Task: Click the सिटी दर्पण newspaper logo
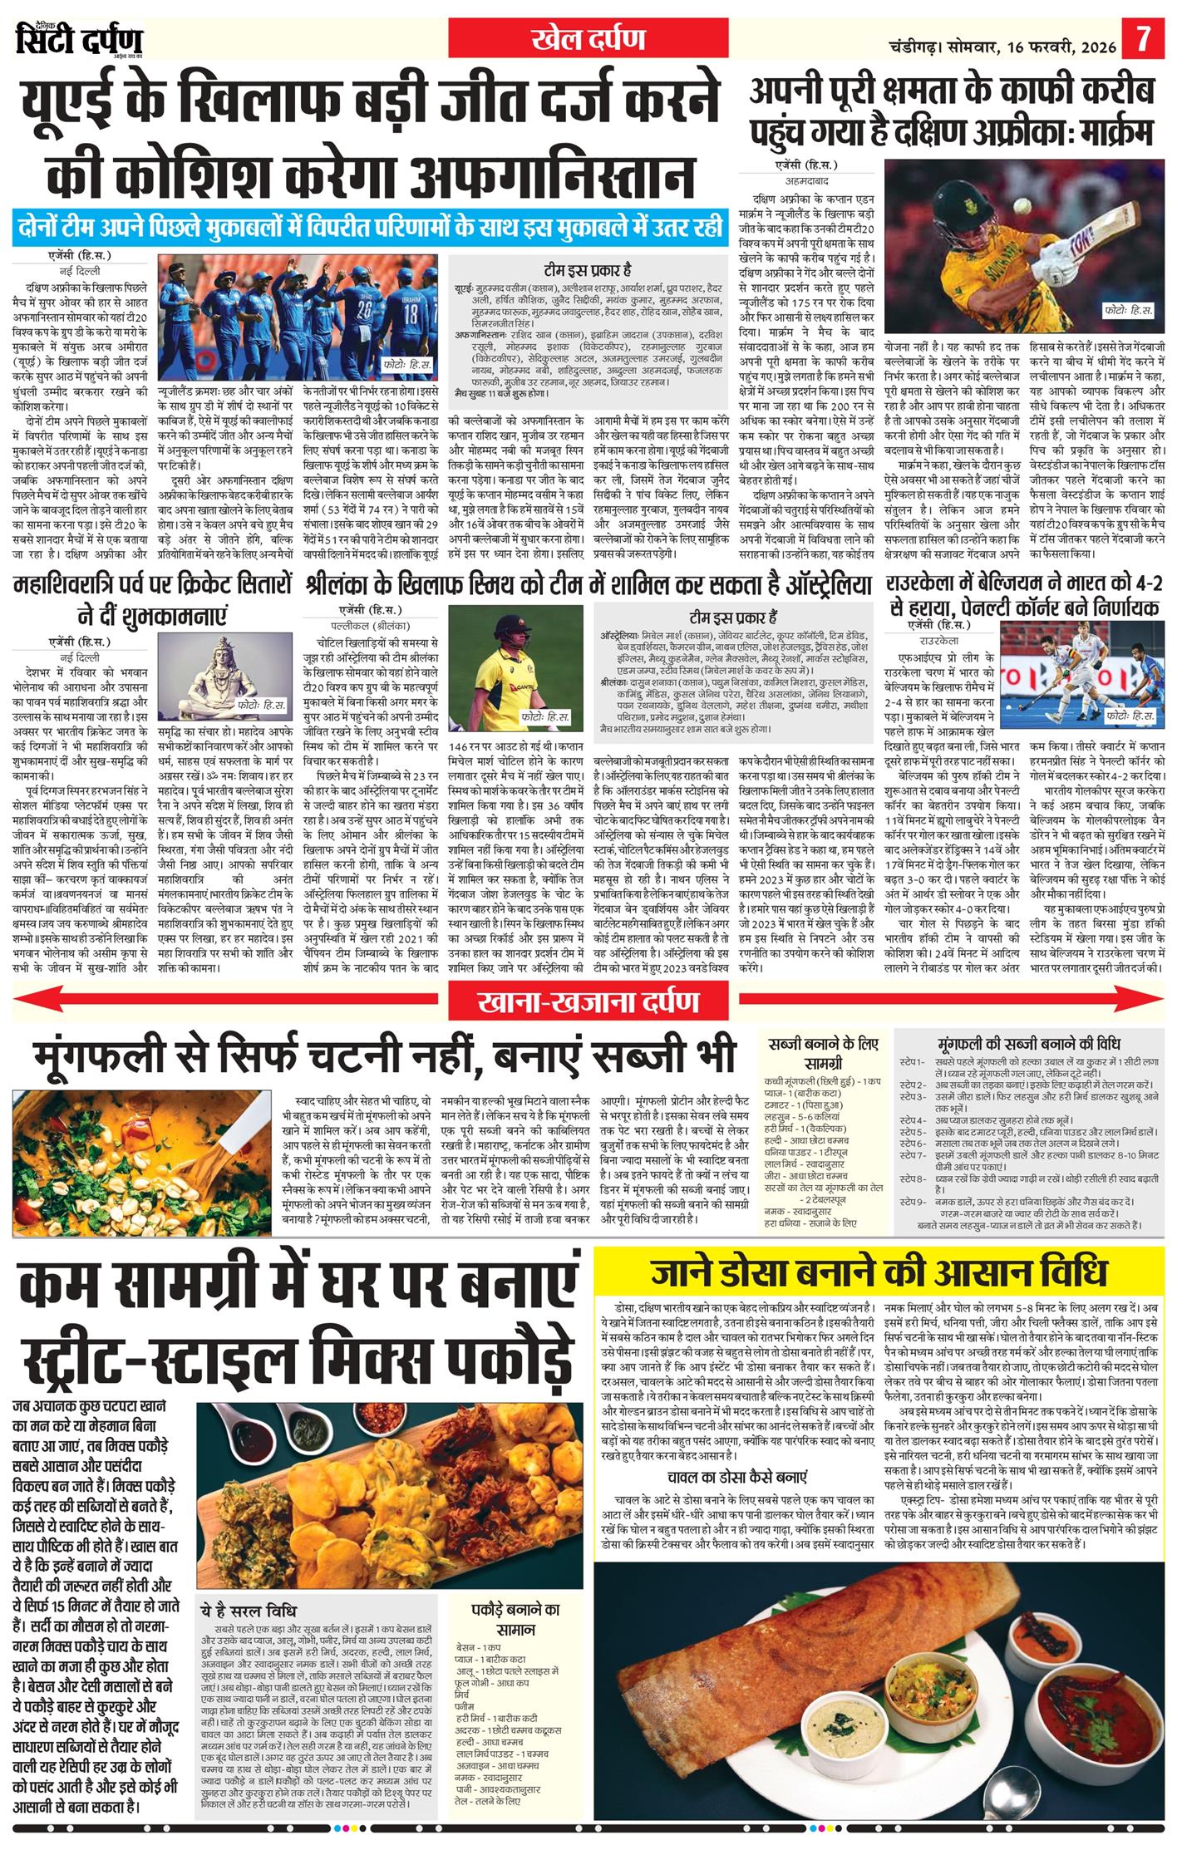click(79, 39)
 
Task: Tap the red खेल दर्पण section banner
click(588, 38)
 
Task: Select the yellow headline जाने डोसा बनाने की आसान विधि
click(879, 1273)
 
